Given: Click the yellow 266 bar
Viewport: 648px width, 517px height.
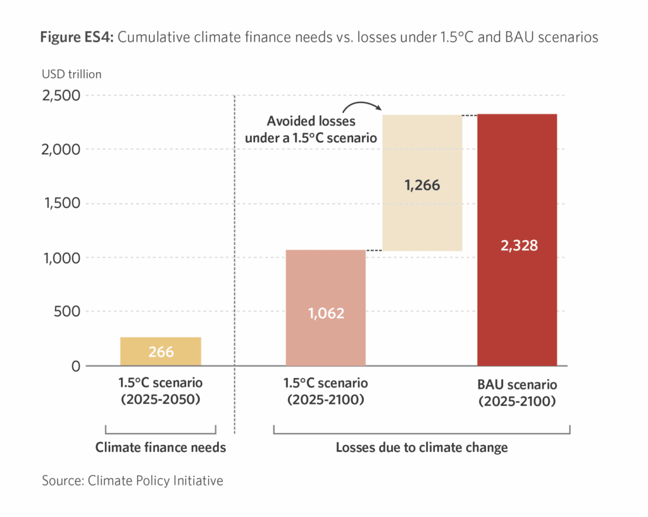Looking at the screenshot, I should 161,351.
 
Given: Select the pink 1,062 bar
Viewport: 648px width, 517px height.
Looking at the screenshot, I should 325,308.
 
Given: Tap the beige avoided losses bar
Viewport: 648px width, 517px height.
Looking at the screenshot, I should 422,183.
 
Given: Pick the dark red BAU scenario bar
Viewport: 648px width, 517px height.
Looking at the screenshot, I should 517,240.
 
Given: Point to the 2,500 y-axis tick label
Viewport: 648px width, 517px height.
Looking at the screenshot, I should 61,95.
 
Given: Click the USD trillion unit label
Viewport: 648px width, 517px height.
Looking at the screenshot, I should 72,74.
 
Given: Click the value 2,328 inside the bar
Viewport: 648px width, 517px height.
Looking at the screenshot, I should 517,246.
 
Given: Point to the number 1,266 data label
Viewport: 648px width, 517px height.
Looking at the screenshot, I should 422,186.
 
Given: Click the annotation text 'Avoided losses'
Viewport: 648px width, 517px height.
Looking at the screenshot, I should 311,121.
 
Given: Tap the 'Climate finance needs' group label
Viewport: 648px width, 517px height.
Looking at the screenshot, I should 161,448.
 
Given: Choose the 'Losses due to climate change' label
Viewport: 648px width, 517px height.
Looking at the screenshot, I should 421,448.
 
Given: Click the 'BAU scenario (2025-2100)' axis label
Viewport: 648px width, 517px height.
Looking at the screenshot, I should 517,392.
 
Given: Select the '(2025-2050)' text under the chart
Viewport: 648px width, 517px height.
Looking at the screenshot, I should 161,400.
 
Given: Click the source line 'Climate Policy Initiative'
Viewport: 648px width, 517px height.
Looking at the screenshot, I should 155,481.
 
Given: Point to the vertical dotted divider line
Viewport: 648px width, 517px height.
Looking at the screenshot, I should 235,265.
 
